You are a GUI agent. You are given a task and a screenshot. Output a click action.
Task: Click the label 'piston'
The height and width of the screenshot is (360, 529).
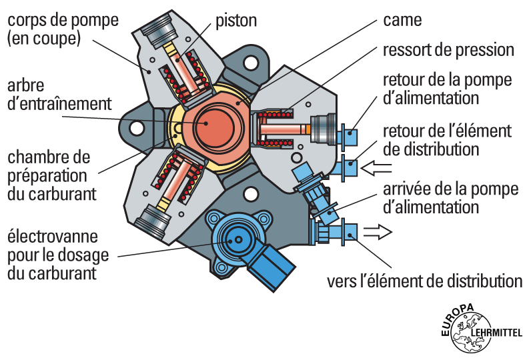[236, 20]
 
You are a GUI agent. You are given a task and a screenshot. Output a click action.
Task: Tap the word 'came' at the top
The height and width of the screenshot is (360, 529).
[402, 20]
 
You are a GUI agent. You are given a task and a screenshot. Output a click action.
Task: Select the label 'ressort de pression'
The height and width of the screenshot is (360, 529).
[448, 50]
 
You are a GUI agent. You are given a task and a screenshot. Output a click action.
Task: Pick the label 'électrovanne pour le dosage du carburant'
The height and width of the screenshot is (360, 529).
[61, 254]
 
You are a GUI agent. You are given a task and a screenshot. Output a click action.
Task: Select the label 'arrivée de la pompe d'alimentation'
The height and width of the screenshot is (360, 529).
[451, 197]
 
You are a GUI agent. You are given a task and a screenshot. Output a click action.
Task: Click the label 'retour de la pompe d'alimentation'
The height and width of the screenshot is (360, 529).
[448, 89]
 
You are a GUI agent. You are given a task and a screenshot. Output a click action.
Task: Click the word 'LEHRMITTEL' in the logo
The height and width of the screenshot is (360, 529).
[498, 332]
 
